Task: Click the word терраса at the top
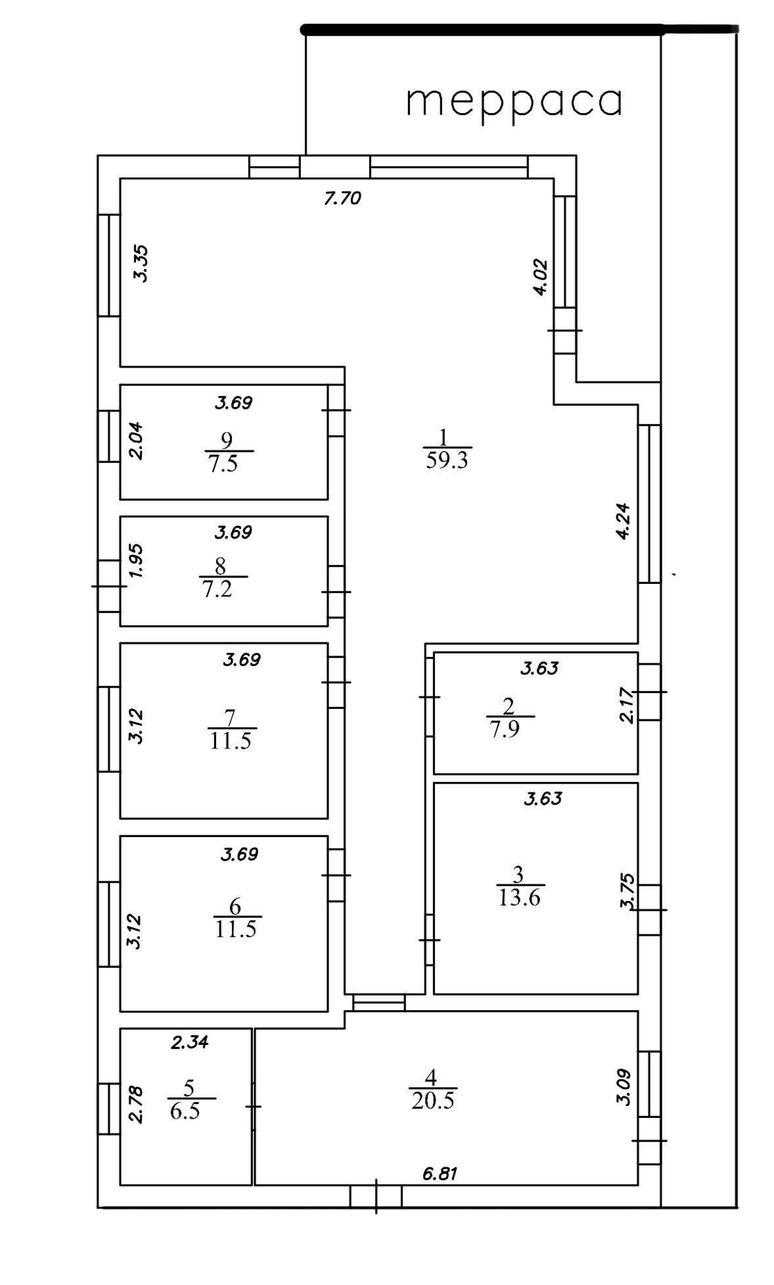514,102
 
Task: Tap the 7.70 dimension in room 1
343,198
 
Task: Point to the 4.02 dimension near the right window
540,278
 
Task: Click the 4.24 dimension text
623,521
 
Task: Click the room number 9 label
227,439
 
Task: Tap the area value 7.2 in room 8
217,589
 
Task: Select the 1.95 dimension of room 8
136,561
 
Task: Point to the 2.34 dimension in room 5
190,1042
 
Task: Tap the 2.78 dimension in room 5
136,1105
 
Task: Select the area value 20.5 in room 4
433,1101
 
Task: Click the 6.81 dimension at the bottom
440,1173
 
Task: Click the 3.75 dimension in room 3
627,891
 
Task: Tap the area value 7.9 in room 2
505,730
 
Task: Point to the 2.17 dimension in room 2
627,705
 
